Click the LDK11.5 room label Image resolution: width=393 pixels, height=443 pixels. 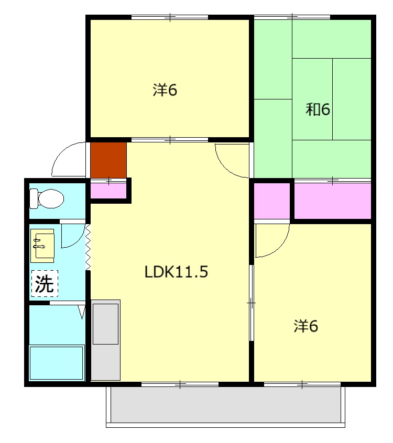[x=176, y=272]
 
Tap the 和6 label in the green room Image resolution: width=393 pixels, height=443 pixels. [x=318, y=109]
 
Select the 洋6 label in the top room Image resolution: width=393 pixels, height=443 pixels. [x=165, y=90]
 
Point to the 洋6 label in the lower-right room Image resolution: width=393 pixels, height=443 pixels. [x=305, y=326]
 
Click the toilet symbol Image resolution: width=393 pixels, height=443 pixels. [x=47, y=198]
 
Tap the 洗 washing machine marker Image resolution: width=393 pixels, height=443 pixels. [x=45, y=283]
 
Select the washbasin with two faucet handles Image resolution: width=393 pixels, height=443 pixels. [x=42, y=246]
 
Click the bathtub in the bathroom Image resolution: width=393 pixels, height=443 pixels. [x=57, y=363]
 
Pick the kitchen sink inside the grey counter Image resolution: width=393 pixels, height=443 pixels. [x=105, y=324]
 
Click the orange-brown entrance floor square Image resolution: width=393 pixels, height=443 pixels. [x=108, y=160]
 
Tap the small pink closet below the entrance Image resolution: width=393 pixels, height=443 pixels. [x=108, y=191]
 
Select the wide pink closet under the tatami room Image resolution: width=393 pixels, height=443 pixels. [x=333, y=201]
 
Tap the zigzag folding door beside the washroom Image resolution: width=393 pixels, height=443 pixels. [x=88, y=247]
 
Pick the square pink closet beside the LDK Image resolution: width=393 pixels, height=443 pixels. [x=272, y=201]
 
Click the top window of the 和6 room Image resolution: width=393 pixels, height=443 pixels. [x=292, y=17]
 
